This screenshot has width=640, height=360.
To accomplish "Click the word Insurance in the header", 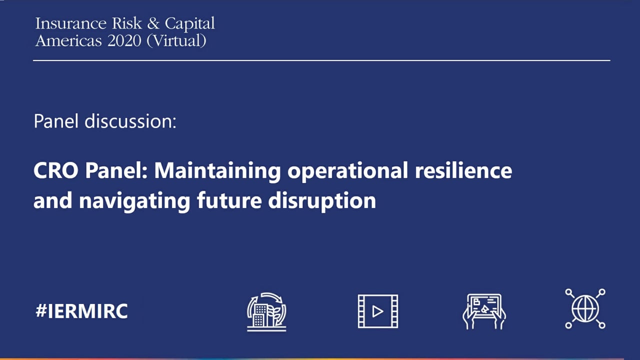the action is pyautogui.click(x=71, y=23).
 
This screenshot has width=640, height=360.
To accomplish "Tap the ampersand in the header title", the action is pyautogui.click(x=153, y=23).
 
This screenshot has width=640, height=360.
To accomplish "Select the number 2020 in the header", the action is pyautogui.click(x=124, y=40).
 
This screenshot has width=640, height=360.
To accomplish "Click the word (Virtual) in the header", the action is pyautogui.click(x=176, y=41).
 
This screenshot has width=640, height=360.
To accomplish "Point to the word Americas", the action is pyautogui.click(x=68, y=40).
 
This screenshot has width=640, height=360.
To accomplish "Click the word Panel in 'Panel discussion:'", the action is pyautogui.click(x=56, y=121).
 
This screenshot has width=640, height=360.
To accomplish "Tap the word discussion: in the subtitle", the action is pyautogui.click(x=130, y=121).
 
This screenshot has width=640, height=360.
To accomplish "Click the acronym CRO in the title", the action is pyautogui.click(x=56, y=170).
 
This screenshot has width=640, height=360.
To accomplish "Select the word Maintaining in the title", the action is pyautogui.click(x=217, y=171).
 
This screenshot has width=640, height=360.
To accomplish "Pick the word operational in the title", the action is pyautogui.click(x=347, y=171).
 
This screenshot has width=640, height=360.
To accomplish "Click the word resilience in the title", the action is pyautogui.click(x=463, y=170).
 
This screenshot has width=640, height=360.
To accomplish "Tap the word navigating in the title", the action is pyautogui.click(x=134, y=202).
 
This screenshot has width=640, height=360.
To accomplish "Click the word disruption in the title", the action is pyautogui.click(x=322, y=202).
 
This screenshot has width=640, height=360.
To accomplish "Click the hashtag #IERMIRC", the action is pyautogui.click(x=81, y=311).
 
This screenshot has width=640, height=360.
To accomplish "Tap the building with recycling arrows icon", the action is pyautogui.click(x=266, y=311).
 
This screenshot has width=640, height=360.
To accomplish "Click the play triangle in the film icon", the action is pyautogui.click(x=377, y=311).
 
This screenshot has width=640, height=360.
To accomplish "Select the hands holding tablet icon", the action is pyautogui.click(x=484, y=311).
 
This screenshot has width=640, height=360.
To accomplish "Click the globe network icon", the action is pyautogui.click(x=585, y=308).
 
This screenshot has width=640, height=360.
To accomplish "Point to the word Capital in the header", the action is pyautogui.click(x=189, y=24).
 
